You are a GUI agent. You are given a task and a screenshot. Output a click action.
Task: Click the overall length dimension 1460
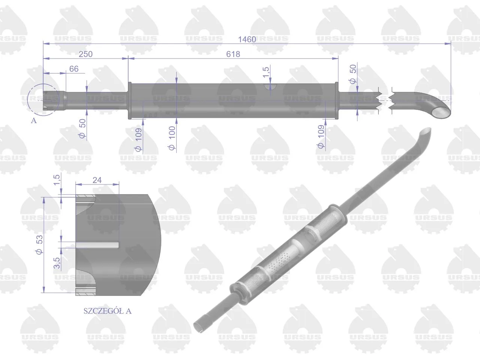247,39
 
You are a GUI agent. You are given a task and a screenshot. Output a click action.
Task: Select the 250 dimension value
85,54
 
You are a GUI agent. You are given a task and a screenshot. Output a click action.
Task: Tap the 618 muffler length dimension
233,54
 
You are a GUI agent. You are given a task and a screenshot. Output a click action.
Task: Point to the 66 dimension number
74,69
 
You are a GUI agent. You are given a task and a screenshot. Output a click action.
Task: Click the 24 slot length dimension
97,180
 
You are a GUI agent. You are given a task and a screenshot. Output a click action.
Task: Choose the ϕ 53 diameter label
39,245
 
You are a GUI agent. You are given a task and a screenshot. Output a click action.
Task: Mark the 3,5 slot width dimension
57,263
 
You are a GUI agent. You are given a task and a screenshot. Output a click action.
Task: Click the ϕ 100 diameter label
172,138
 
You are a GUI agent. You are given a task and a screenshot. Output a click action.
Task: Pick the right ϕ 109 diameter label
321,137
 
